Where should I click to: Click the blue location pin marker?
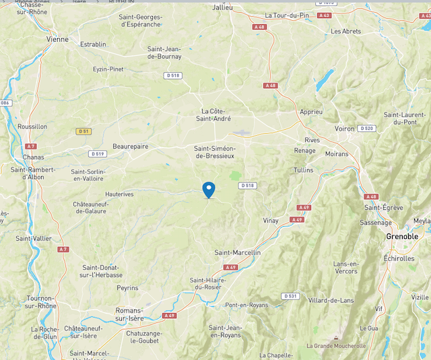pos(209,190)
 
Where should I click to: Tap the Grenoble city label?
pos(402,237)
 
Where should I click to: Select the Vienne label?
pos(57,39)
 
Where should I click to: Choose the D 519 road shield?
pos(98,154)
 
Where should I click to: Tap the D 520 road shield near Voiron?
pos(366,128)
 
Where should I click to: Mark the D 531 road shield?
pos(290,296)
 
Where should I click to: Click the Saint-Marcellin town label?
pos(237,252)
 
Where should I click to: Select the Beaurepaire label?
pos(131,146)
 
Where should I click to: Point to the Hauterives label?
pos(120,194)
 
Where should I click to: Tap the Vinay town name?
pos(270,221)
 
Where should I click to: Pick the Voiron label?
pos(344,129)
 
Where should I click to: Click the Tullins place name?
pos(304,170)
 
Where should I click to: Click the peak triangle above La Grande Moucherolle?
pos(335,338)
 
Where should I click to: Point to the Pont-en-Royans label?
pos(246,305)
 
